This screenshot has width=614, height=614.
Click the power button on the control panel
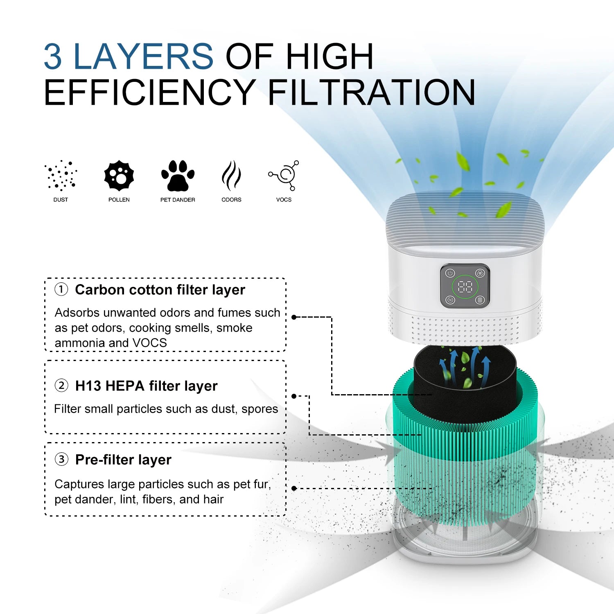tap(450, 273)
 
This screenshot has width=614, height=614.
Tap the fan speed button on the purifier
tap(480, 273)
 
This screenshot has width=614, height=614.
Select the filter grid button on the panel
tap(480, 300)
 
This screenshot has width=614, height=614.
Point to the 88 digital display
tap(465, 287)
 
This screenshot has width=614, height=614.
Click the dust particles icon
tap(61, 176)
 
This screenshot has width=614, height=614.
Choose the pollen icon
tap(119, 176)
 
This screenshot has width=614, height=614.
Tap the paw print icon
tap(178, 176)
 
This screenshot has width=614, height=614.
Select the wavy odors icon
tap(231, 176)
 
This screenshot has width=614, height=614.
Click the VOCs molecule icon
tap(284, 175)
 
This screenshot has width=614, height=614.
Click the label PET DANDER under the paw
tap(178, 200)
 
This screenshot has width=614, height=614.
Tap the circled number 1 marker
tap(61, 289)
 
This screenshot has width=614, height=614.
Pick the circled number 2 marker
tap(61, 386)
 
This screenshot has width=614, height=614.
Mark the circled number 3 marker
tap(61, 459)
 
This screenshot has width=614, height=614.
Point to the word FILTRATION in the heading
tap(371, 93)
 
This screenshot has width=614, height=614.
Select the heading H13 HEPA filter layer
tap(146, 386)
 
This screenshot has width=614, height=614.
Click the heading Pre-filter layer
tap(123, 460)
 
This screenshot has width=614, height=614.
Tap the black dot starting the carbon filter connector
tap(294, 317)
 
